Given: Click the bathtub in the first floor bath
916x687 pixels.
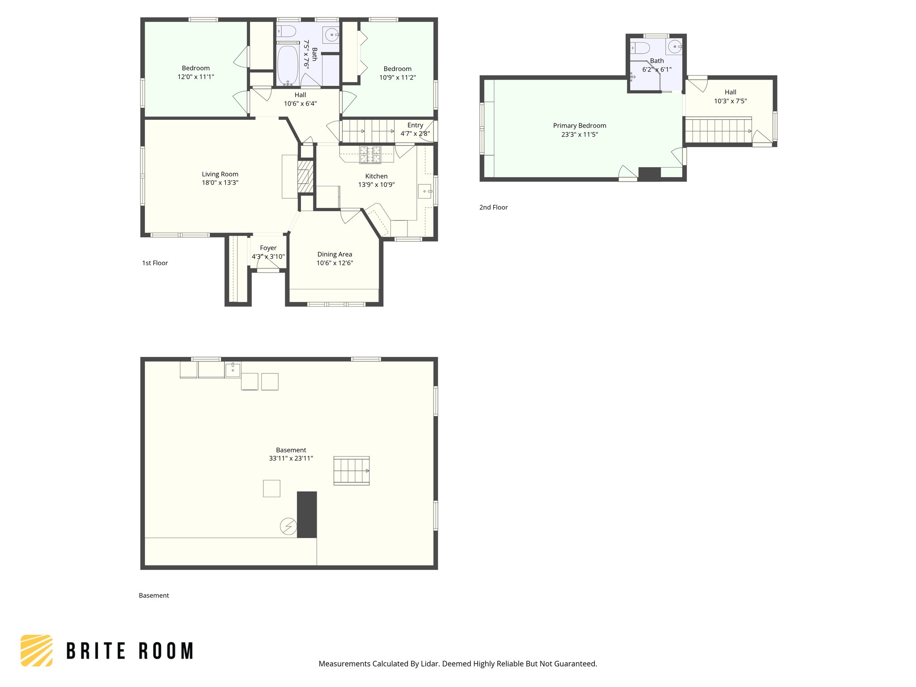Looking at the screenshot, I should pyautogui.click(x=288, y=65).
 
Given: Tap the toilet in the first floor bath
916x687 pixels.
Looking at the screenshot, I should pyautogui.click(x=286, y=31).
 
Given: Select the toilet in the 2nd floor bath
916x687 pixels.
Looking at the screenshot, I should pyautogui.click(x=640, y=47).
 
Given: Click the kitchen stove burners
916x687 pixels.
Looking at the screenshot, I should pyautogui.click(x=370, y=155).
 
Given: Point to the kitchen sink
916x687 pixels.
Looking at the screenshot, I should pyautogui.click(x=424, y=191).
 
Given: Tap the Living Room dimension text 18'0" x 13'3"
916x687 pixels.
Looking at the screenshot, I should pyautogui.click(x=220, y=182).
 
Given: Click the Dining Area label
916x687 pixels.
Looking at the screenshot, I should pyautogui.click(x=335, y=254).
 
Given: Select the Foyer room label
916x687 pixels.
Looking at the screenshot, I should pyautogui.click(x=268, y=248).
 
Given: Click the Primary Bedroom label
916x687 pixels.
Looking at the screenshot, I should pyautogui.click(x=579, y=126).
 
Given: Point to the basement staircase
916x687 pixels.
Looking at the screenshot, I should pyautogui.click(x=352, y=471).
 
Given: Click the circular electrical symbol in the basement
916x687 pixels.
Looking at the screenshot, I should pyautogui.click(x=288, y=526).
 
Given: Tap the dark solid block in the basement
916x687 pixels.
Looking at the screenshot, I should pyautogui.click(x=307, y=514).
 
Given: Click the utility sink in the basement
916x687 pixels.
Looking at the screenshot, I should pyautogui.click(x=233, y=370).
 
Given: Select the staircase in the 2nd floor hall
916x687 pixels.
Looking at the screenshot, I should pyautogui.click(x=718, y=131).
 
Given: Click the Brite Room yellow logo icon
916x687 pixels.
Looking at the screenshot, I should pyautogui.click(x=37, y=650).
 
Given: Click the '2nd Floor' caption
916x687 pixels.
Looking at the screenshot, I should pyautogui.click(x=493, y=207).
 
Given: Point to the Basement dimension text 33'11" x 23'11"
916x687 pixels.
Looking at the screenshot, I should pyautogui.click(x=291, y=458).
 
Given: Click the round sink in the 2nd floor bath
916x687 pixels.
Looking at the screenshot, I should pyautogui.click(x=674, y=47).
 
